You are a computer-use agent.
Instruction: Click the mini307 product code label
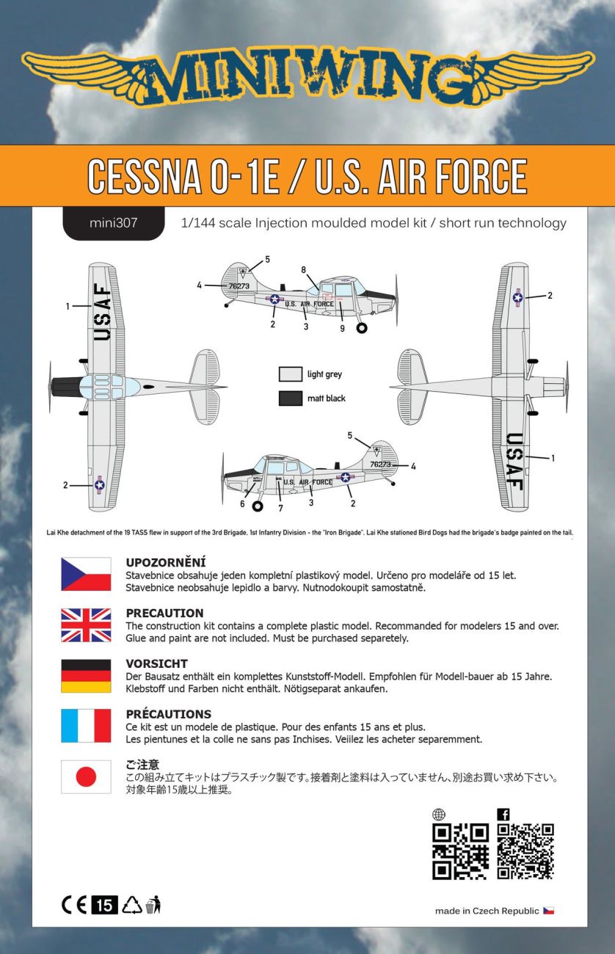point(114,223)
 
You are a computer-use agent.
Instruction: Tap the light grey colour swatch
point(291,374)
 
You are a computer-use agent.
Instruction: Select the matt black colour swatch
point(291,398)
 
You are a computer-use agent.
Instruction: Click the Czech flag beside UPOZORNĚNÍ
point(86,574)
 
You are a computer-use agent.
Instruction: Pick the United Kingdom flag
point(86,625)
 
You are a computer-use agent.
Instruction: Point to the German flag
point(86,676)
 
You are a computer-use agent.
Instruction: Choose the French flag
point(86,726)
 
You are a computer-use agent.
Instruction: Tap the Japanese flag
point(86,776)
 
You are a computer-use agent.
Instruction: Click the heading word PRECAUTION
point(164,613)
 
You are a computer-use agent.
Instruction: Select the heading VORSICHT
point(156,663)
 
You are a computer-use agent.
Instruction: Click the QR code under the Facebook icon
point(525,851)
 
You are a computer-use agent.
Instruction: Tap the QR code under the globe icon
point(460,851)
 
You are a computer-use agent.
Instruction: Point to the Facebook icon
point(503,815)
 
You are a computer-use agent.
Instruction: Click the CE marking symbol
point(74,906)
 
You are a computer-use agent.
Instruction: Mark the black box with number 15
point(104,906)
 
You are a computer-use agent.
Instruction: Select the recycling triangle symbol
point(131,906)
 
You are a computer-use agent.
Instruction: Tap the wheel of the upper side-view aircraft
point(362,328)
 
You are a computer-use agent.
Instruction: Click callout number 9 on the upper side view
point(342,329)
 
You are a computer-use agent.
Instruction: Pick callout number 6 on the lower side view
point(242,504)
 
